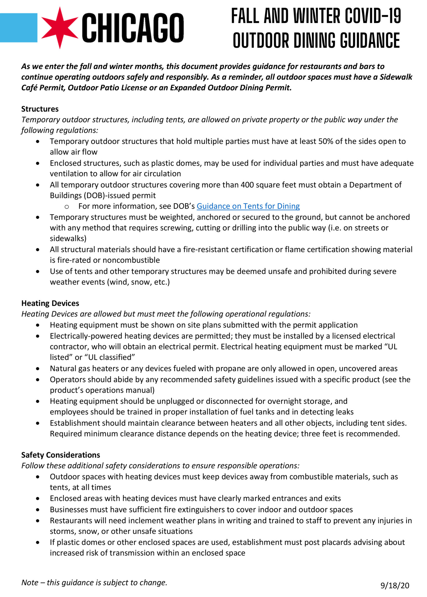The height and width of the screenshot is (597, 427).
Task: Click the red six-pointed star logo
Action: [60, 28]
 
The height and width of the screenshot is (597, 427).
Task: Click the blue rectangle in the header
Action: [18, 28]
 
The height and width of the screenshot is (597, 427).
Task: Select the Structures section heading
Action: [40, 109]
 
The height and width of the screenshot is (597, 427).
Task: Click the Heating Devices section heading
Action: [50, 303]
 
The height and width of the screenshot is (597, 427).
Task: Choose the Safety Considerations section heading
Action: [61, 455]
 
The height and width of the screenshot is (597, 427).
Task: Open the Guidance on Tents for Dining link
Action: [248, 206]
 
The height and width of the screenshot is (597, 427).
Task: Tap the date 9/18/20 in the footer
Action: [395, 585]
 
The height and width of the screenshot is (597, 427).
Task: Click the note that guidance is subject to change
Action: [94, 582]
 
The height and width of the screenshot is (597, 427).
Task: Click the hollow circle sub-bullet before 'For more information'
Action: [66, 207]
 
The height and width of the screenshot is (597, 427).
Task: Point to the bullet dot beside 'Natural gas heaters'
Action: [38, 369]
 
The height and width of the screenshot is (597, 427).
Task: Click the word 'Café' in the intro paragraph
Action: [29, 88]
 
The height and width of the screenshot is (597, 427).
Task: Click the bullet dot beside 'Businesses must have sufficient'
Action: [38, 510]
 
